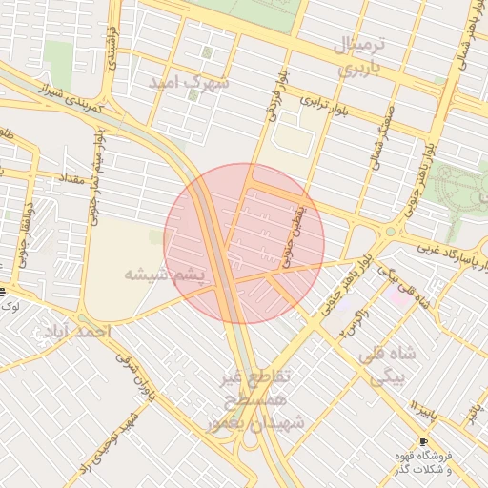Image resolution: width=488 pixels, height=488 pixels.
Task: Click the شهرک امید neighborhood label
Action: coord(190,84)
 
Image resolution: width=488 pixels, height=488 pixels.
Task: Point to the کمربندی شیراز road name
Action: coord(71,97)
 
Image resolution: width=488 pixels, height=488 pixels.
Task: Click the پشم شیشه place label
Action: coord(164,274)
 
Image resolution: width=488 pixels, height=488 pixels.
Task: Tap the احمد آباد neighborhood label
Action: coord(76,331)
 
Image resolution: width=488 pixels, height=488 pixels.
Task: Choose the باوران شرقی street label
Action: coord(134,375)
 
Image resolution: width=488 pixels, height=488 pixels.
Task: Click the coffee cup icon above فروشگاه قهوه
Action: coord(423,441)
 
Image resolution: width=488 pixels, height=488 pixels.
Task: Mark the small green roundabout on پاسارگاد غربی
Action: coord(390,231)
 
